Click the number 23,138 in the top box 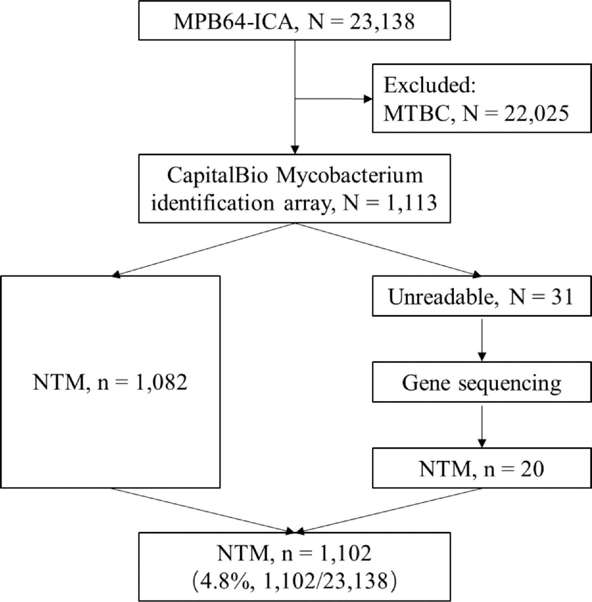click(382, 21)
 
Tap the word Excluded click(430, 85)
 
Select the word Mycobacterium click(349, 176)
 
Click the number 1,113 click(411, 202)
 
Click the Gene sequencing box click(481, 382)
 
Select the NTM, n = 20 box click(481, 469)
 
